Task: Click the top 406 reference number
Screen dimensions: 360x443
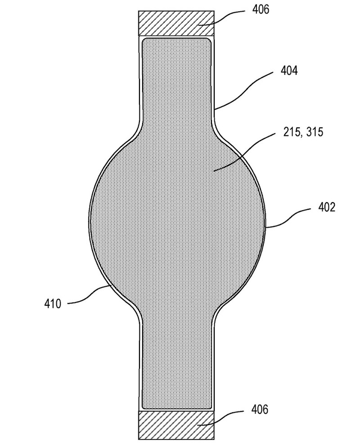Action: (261, 10)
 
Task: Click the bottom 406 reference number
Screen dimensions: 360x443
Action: (260, 409)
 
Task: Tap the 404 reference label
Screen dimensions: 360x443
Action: (289, 71)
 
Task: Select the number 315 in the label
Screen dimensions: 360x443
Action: (314, 132)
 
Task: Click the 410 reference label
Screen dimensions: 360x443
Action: (53, 304)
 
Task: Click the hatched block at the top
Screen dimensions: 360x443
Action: (176, 23)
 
